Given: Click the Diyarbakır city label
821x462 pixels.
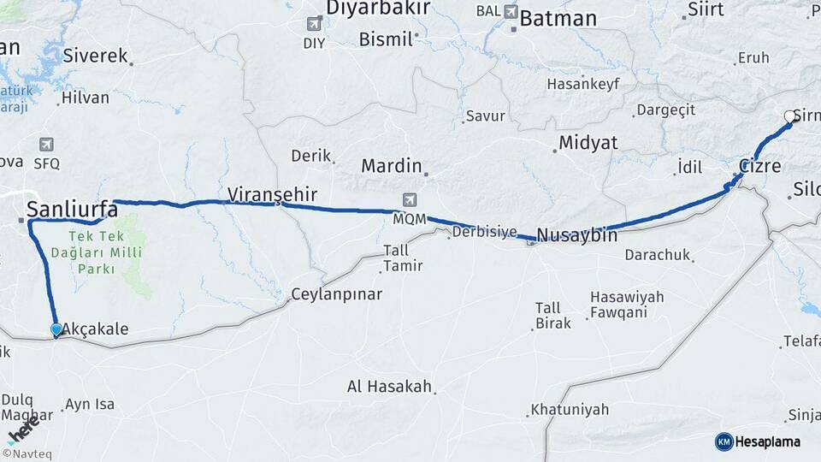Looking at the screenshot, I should coord(377,9).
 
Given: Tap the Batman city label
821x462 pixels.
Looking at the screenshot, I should coord(558,19).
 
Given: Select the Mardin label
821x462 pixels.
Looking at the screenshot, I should coord(391,165).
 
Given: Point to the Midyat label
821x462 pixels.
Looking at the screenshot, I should coord(588,143).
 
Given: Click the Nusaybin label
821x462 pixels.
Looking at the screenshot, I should coord(576,234).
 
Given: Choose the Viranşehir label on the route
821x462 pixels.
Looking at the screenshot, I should coord(272,195).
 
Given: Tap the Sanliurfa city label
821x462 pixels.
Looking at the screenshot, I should coord(72,209).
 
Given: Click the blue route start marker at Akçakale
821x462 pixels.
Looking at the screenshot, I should coord(56,329).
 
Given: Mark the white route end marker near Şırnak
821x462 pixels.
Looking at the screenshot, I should coord(790,117).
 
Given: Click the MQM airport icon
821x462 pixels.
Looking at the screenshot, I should coord(410,201).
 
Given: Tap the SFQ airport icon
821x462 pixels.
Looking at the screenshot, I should coord(46,145).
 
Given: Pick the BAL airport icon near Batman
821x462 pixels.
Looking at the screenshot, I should coord(511,12).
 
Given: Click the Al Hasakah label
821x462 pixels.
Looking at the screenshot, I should coord(389,387).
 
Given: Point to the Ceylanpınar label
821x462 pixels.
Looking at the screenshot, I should coord(336,294).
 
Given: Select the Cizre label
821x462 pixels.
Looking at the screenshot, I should coord(759,166).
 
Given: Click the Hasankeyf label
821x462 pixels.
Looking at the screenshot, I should coord(582,84).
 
